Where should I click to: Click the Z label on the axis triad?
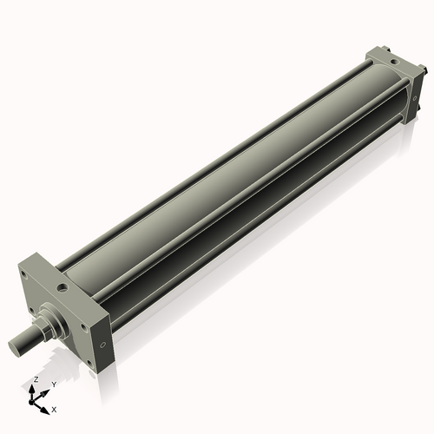point(36,380)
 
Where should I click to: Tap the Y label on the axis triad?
point(53,384)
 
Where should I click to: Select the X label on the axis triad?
point(55,408)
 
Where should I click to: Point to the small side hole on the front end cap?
point(104,345)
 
